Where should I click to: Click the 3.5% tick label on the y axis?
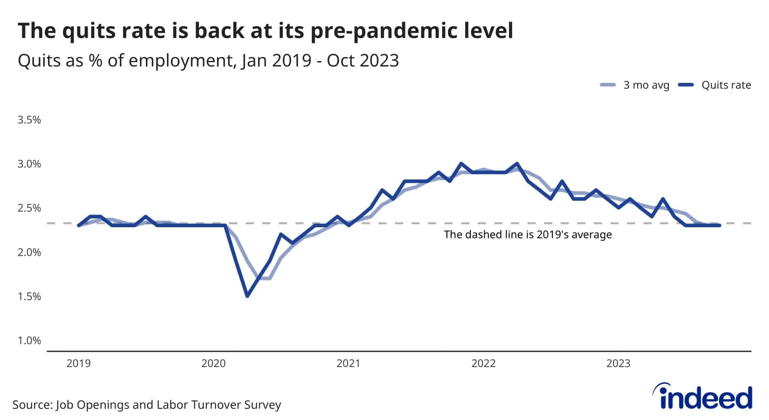pos(29,120)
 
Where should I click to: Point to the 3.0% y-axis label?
pos(29,164)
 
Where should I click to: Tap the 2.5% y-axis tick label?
pos(29,208)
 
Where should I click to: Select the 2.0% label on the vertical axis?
pos(29,252)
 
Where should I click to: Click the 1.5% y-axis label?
pos(29,296)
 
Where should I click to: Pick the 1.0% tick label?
pos(29,341)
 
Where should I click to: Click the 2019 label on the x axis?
pos(79,363)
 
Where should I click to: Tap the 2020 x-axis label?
pos(213,363)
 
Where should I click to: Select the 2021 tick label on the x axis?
pos(349,363)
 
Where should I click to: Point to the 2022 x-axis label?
pos(484,363)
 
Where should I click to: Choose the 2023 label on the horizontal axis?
pos(618,363)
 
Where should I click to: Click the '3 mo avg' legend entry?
pos(635,85)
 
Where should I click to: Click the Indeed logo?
pos(702,397)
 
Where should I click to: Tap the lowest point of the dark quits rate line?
pos(247,295)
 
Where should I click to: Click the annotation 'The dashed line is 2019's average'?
pos(528,235)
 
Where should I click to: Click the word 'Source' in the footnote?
pos(32,405)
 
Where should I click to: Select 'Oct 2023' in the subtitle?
pos(363,61)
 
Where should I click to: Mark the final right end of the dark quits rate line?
pos(720,225)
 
